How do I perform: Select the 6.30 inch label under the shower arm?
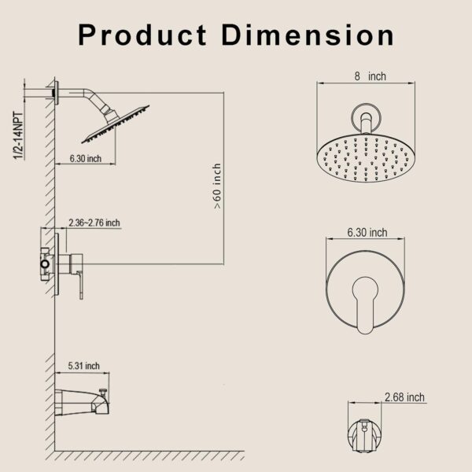86,159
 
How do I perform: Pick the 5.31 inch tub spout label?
84,366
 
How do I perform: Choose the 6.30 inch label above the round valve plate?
367,232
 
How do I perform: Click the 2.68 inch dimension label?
405,398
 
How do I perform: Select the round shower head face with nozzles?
365,157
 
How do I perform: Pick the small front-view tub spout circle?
363,428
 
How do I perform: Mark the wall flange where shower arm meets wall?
56,93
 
